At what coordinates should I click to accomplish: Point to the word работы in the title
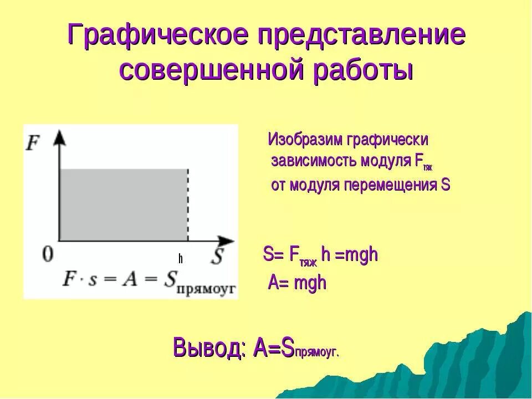[x=364, y=71]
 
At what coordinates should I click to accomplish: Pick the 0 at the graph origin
[x=48, y=255]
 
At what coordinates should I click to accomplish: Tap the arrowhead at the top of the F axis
[x=59, y=137]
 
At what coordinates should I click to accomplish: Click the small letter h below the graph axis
[x=181, y=259]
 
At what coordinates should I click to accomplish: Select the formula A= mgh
[x=298, y=283]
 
